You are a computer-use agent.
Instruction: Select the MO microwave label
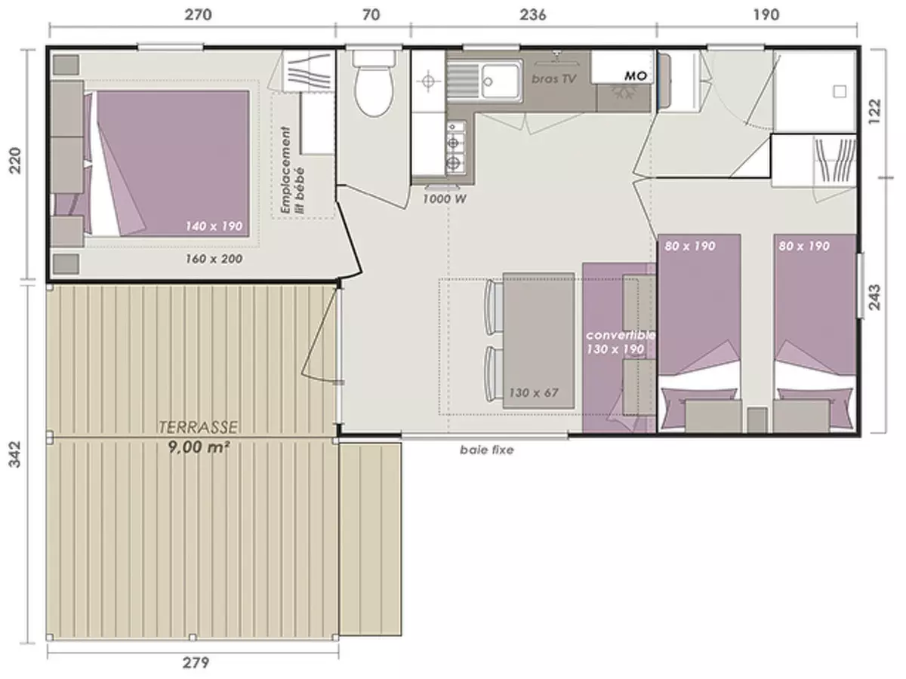coord(634,77)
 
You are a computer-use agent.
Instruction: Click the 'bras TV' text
coord(554,78)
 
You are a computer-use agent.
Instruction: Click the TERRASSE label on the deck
coord(198,428)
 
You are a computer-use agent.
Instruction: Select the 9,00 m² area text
coord(198,446)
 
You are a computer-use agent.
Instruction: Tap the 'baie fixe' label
coord(486,450)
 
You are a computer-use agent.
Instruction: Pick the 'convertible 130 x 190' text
coord(620,342)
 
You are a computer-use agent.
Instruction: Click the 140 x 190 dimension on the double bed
coord(217,226)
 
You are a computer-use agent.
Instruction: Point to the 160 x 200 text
coord(214,259)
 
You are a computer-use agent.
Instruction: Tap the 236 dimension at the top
coord(532,14)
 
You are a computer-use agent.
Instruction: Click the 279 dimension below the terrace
coord(196,663)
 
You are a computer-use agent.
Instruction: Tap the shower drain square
coord(839,91)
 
